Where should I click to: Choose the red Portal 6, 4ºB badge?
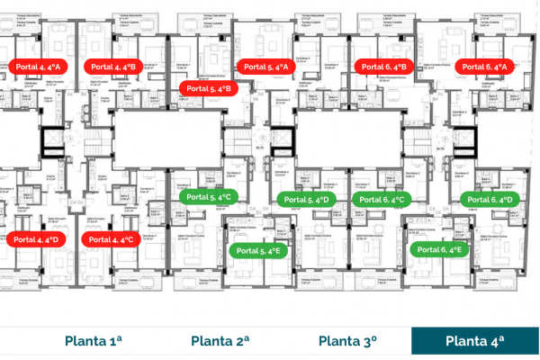point(385,67)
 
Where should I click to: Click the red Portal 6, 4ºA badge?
point(486,67)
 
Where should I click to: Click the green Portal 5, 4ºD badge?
point(308,199)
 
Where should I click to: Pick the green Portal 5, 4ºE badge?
point(259,251)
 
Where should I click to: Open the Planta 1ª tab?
point(94,340)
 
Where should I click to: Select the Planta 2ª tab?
point(220,340)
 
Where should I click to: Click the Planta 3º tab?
point(347,340)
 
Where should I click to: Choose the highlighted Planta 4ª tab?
point(475,340)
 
